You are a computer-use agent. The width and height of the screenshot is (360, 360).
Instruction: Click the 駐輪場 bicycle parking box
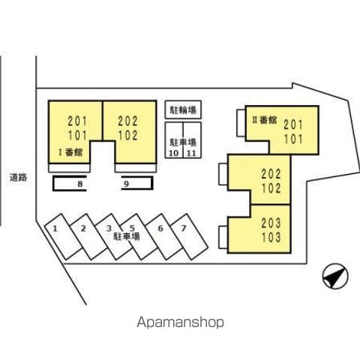tap(183, 109)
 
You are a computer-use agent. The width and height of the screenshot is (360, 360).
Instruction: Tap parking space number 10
tap(174, 140)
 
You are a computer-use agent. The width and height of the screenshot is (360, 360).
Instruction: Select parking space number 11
tap(192, 140)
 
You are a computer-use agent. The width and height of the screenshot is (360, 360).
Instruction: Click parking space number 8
tap(70, 184)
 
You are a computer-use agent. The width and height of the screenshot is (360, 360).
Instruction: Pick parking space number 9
tap(137, 184)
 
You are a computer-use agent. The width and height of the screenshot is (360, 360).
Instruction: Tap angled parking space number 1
tap(64, 236)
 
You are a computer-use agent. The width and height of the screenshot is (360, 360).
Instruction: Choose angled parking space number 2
tap(88, 236)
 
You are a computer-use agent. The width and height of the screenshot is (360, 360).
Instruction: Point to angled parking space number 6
tap(164, 236)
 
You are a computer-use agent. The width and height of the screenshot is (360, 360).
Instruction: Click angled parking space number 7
tap(189, 236)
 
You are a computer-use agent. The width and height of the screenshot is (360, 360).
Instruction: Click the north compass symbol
tap(335, 277)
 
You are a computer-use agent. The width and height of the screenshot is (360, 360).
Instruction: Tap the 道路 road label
tap(18, 177)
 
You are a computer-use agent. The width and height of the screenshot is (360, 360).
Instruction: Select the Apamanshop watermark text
tap(180, 322)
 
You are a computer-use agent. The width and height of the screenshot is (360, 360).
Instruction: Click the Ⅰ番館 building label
tap(70, 152)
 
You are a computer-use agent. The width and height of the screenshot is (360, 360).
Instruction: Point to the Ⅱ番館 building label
tap(265, 120)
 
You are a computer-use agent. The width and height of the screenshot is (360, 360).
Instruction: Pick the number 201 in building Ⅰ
tap(77, 121)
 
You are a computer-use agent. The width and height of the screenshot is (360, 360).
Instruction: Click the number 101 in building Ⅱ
tap(293, 139)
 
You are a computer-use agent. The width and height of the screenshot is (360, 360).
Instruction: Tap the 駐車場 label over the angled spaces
tap(127, 236)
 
